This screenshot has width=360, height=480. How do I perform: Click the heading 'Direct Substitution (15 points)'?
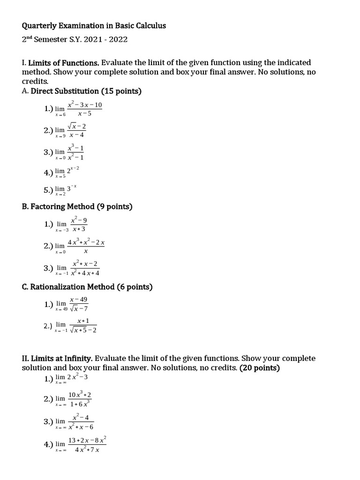click(x=86, y=91)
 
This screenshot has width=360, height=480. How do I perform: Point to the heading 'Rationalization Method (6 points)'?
click(x=91, y=286)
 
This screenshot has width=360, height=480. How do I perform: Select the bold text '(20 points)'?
click(x=259, y=368)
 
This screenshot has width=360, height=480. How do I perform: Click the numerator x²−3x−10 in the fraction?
click(x=84, y=105)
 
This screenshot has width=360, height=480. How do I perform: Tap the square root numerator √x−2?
click(x=77, y=127)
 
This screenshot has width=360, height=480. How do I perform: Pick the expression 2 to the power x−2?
click(x=73, y=172)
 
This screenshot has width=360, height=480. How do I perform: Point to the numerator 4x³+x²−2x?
click(x=86, y=242)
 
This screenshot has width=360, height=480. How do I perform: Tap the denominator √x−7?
click(x=78, y=308)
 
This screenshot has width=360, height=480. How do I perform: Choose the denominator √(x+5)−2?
click(x=83, y=330)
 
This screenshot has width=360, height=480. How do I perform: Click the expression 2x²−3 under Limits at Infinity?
click(x=77, y=377)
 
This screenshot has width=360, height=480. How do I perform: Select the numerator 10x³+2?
click(x=80, y=395)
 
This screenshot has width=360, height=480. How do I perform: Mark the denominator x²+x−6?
click(x=81, y=427)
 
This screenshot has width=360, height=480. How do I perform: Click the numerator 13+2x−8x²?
click(x=87, y=440)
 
